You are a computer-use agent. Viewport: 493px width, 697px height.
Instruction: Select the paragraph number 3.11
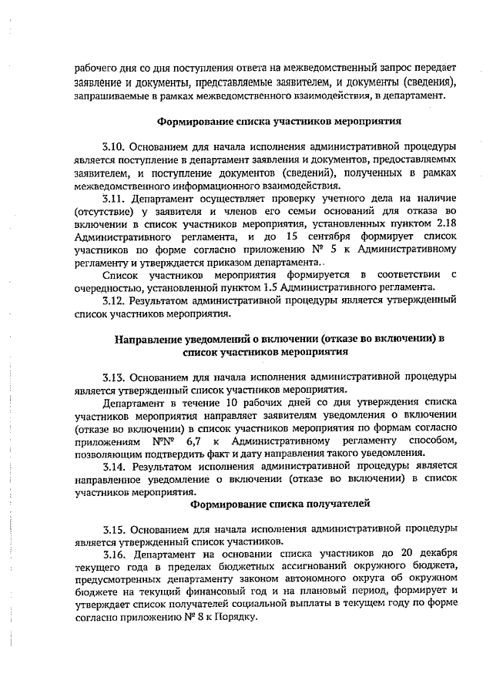tap(113, 197)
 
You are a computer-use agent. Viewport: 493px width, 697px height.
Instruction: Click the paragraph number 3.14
tap(113, 467)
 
